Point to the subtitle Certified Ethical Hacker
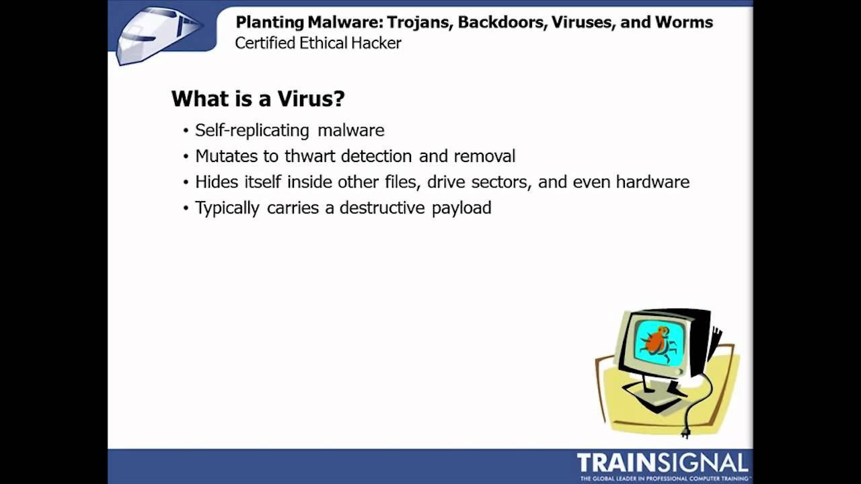(318, 43)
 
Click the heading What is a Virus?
(258, 99)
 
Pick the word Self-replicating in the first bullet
(252, 130)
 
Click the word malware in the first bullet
(351, 130)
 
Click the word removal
(484, 156)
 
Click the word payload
(461, 208)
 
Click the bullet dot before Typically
(186, 209)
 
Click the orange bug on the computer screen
(657, 341)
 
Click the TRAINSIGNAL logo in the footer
(662, 462)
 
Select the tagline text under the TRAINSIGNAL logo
(663, 478)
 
